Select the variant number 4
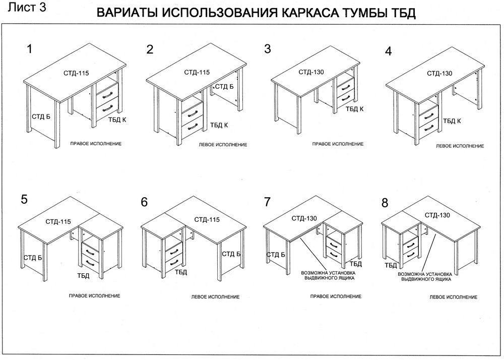[388, 51]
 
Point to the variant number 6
[144, 202]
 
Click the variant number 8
[385, 203]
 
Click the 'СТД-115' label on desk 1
[77, 74]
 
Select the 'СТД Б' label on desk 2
[224, 86]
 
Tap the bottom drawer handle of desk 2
[192, 127]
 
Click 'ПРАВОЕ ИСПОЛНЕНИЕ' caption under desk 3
[338, 144]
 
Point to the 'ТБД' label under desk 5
[83, 275]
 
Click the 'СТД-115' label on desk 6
[207, 220]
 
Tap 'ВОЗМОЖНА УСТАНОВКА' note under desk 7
[327, 272]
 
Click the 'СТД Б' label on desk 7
[276, 254]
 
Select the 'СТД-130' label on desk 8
[437, 215]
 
